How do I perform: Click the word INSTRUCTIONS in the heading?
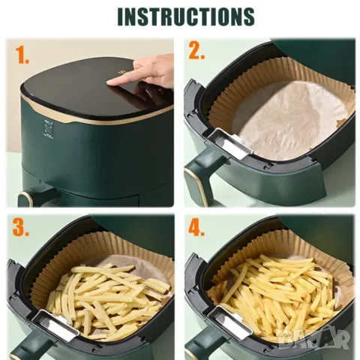click(x=186, y=16)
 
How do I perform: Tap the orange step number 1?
click(x=22, y=55)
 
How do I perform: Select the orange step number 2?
click(x=196, y=50)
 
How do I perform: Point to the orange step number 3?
click(x=21, y=227)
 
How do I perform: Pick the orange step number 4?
click(x=196, y=227)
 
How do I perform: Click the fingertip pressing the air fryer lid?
click(x=109, y=82)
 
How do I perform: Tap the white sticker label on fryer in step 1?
click(x=48, y=129)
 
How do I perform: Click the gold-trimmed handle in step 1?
click(x=25, y=199)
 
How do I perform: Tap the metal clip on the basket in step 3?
click(x=56, y=325)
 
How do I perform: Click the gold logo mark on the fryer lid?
click(x=123, y=72)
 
